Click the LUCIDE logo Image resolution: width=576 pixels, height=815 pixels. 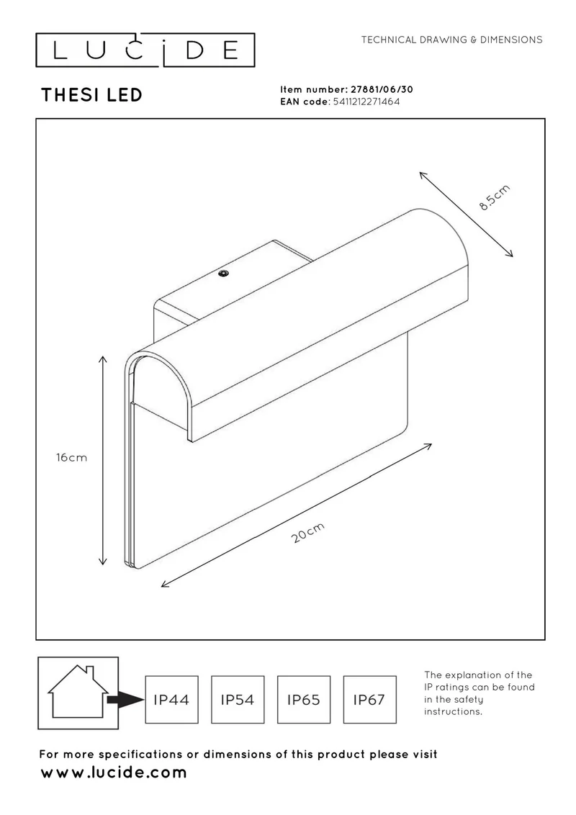tap(145, 50)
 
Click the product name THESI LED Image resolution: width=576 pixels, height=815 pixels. tap(91, 95)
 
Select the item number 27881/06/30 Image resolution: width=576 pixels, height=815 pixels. tap(382, 89)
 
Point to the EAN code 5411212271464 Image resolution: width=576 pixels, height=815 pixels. tap(366, 102)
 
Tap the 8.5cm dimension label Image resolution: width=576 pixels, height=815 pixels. tap(495, 197)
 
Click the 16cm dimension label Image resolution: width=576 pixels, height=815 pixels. tap(72, 457)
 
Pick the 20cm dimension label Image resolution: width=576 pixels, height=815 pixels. tap(308, 532)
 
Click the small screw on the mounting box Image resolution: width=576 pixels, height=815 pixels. tap(224, 274)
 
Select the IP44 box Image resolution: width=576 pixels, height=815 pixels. tap(171, 700)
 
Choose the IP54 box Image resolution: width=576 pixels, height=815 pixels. tap(238, 700)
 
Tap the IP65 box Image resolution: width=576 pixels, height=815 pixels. tap(304, 700)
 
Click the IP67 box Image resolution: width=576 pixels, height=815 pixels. tap(369, 700)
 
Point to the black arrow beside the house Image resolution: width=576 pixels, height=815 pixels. tap(125, 700)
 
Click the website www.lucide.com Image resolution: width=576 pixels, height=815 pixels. tap(114, 773)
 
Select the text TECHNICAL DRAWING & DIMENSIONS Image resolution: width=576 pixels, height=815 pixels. tap(451, 40)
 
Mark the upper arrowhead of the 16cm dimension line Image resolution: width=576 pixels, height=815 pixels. tap(103, 360)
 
